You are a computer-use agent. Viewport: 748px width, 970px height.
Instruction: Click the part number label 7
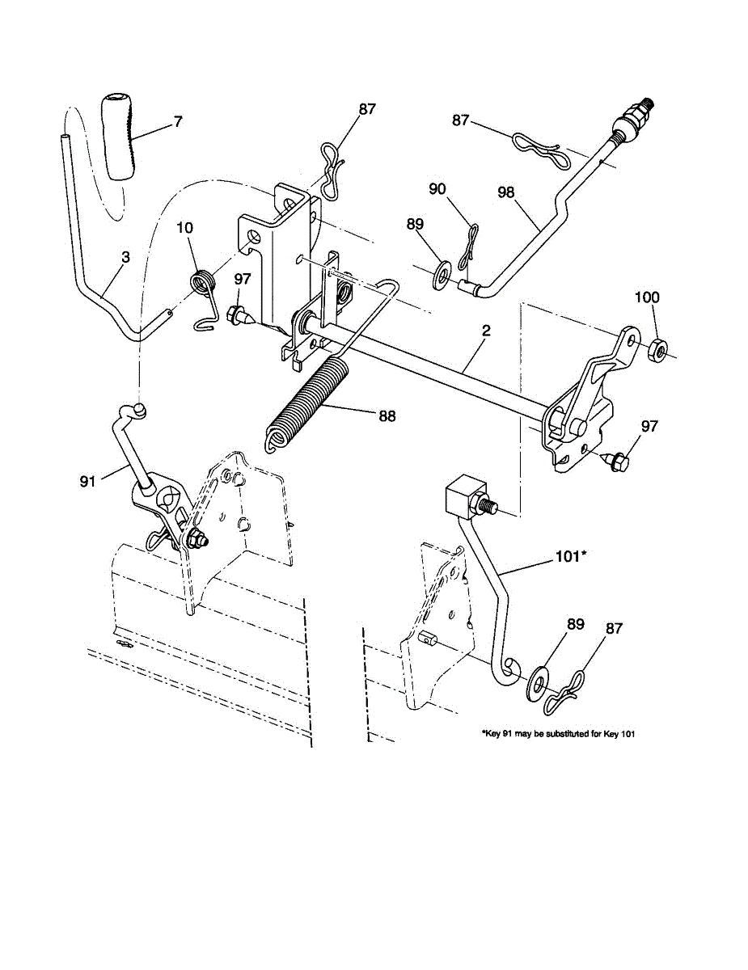click(177, 122)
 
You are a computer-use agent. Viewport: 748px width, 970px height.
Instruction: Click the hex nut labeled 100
click(658, 349)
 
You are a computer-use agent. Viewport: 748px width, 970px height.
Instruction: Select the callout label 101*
click(571, 556)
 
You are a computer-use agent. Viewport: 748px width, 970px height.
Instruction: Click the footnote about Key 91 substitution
click(564, 735)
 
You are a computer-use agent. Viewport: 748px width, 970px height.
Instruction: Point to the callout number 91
click(87, 482)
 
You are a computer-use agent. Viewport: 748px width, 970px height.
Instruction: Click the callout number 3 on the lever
click(125, 257)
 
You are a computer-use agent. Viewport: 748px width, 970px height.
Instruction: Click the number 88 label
click(387, 415)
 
